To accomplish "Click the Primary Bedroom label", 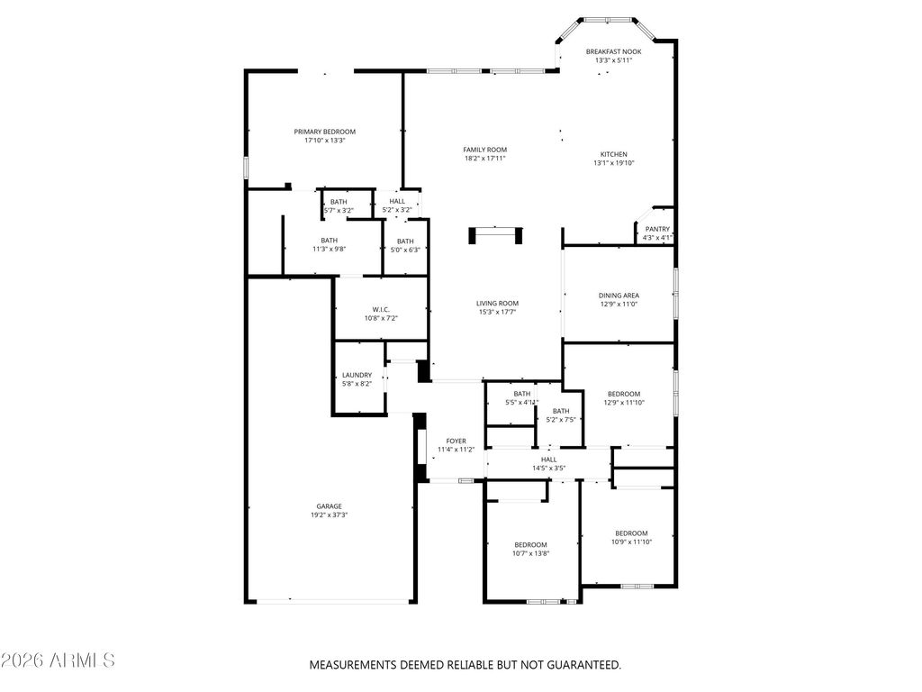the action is pos(324,132).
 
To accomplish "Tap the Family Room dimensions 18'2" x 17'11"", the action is pos(485,159).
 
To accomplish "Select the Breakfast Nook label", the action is pos(613,51).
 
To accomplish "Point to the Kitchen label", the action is pos(614,155).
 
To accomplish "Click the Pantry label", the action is pos(657,230).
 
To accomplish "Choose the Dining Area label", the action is pos(619,296).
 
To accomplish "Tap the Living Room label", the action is pos(497,304).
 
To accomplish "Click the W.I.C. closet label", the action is pos(381,310).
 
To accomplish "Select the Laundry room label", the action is pos(357,376).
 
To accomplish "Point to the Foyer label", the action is pos(456,442).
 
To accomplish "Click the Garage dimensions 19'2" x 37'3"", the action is pos(330,514).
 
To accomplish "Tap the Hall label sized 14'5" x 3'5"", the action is pos(548,460).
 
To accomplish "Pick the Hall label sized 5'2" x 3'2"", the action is pos(397,201).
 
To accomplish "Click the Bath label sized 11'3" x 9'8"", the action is pos(330,240).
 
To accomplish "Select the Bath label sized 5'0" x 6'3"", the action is pos(405,241).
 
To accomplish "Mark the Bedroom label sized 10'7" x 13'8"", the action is pos(530,545).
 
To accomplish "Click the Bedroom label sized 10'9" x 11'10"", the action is pos(631,533).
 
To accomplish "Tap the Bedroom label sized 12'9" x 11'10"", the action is pos(624,395).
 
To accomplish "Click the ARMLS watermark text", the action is pos(58,660).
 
